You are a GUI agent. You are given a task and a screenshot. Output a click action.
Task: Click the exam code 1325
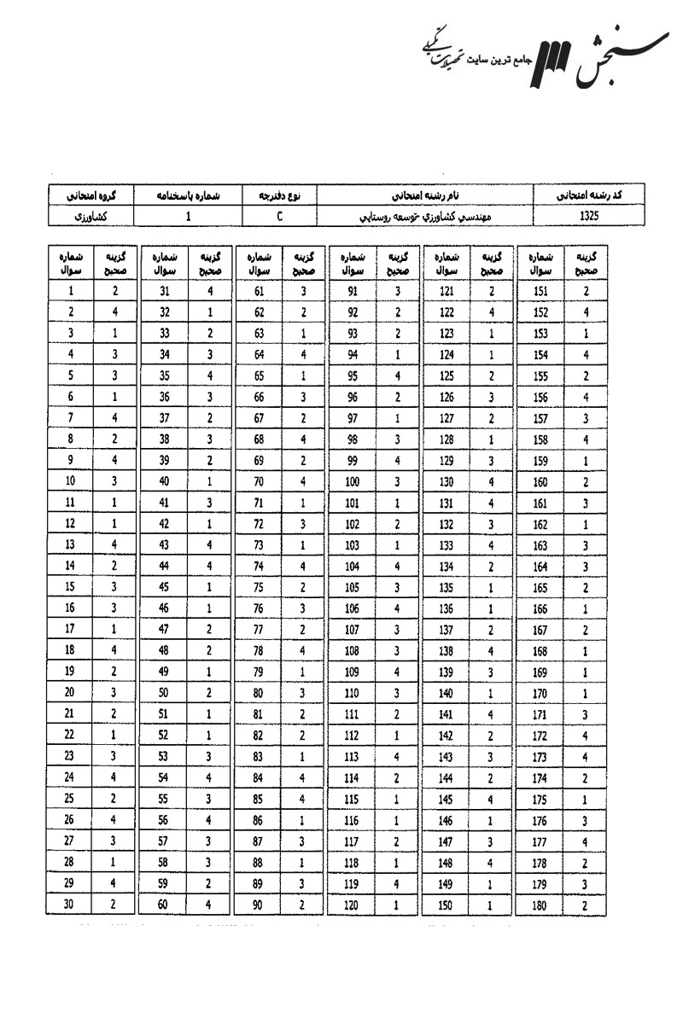588,217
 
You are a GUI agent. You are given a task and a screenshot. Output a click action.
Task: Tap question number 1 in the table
70,290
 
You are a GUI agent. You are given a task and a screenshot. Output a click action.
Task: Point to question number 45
163,587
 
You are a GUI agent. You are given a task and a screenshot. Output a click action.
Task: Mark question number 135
445,587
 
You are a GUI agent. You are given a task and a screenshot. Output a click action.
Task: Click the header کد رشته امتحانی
588,195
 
